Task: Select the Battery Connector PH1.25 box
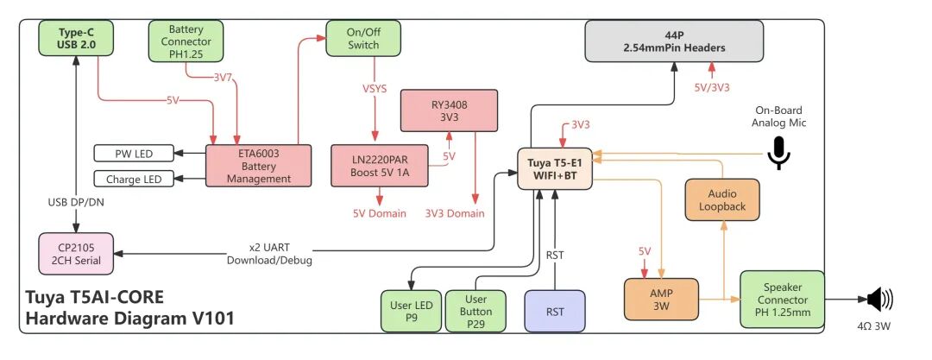[186, 40]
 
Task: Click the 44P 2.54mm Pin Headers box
[673, 40]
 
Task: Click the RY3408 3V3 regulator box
[449, 111]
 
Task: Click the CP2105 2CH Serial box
[76, 254]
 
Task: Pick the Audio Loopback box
[722, 200]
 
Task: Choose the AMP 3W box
[660, 299]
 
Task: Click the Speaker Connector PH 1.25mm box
[782, 299]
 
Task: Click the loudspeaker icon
[879, 300]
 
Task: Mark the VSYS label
[375, 88]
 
